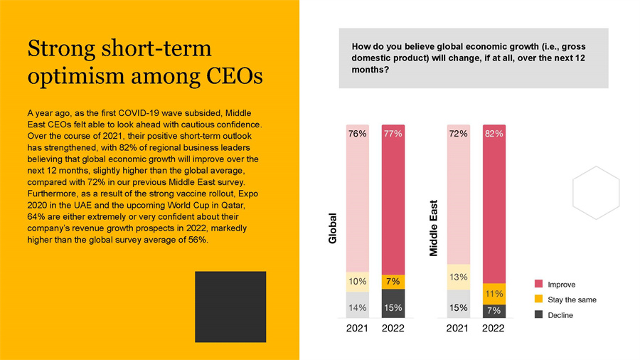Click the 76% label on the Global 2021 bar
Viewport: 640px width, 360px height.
coord(357,133)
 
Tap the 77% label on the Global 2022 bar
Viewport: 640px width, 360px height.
coord(393,133)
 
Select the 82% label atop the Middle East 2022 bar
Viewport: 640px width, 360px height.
coord(494,133)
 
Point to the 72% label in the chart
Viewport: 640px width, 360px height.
coord(457,133)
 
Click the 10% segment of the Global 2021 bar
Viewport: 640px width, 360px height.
coord(357,282)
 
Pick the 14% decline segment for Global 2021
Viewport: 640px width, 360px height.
coord(357,308)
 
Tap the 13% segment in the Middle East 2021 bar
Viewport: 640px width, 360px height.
coord(457,277)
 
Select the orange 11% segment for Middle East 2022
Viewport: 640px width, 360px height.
coord(494,293)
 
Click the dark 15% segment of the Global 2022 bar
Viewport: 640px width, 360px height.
coord(393,307)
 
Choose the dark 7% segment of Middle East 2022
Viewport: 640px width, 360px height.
coord(494,311)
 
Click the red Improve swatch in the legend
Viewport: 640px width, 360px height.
coord(538,285)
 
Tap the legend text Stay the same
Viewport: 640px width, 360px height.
coord(572,300)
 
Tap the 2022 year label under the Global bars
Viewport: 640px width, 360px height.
coord(393,329)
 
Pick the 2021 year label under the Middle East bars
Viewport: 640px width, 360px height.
coord(457,329)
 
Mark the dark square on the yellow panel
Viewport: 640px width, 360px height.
coord(230,307)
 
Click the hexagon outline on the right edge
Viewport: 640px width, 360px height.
coord(596,193)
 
